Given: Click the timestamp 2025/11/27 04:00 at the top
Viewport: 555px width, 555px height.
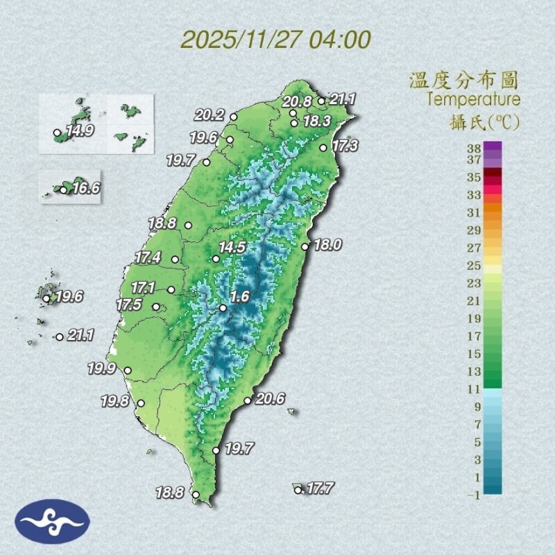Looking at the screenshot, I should [276, 38].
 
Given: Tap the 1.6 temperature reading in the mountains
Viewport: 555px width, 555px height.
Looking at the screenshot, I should [239, 297].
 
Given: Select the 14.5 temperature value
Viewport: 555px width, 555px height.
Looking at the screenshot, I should [232, 247].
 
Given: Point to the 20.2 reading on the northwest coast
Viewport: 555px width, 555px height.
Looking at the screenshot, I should [209, 115].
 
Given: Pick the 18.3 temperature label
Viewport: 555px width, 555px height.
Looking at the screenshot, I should [316, 121].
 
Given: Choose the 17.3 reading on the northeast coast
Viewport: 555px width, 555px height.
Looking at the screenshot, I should [345, 146].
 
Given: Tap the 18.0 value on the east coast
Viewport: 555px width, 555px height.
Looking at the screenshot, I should [327, 244].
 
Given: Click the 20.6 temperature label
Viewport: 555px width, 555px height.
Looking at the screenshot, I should [271, 399].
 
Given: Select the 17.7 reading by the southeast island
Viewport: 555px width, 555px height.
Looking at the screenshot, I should [320, 488].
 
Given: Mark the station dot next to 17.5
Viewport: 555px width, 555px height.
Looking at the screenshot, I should [156, 307].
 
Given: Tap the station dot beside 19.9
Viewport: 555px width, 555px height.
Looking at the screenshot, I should [128, 370].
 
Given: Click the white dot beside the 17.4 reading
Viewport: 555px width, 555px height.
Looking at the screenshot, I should [175, 260].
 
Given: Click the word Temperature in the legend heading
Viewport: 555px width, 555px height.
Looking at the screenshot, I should [473, 99].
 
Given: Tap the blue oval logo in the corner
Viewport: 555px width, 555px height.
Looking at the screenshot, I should [52, 521].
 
